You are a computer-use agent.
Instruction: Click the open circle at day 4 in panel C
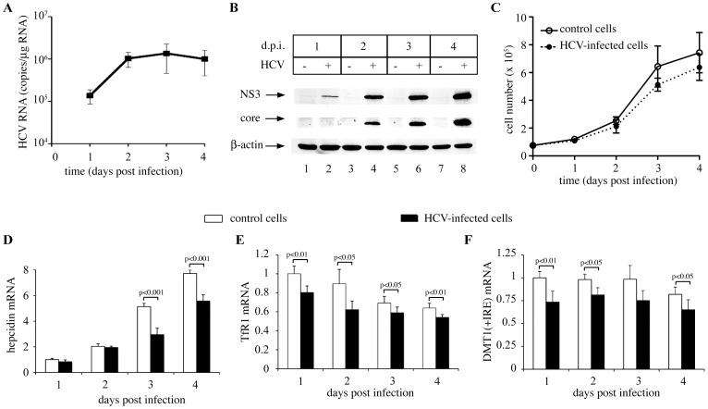699,53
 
